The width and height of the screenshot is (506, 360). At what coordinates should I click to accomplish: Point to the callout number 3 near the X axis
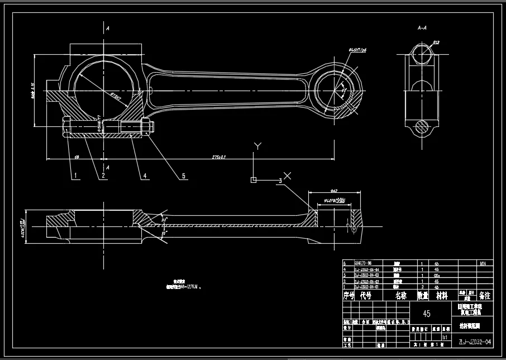click(280, 180)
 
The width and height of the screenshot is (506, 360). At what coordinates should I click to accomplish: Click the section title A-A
click(423, 27)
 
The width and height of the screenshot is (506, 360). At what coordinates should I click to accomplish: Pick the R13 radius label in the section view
click(436, 42)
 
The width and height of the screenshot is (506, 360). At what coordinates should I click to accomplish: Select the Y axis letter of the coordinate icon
click(257, 146)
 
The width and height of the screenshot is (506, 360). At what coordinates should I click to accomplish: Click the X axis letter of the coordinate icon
click(287, 176)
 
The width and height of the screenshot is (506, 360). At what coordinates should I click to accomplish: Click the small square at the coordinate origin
click(254, 180)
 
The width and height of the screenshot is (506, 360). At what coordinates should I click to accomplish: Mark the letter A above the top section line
click(107, 27)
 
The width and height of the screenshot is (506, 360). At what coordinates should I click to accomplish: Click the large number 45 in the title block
click(427, 314)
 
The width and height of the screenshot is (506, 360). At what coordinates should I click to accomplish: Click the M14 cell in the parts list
click(484, 262)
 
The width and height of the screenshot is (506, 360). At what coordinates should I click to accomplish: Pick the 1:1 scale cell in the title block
click(445, 337)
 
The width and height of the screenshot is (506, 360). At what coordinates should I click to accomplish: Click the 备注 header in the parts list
click(484, 295)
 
